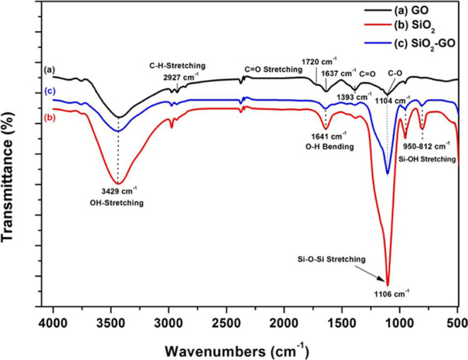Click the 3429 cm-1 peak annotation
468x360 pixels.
pyautogui.click(x=118, y=192)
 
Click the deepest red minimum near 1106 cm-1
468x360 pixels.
pyautogui.click(x=387, y=283)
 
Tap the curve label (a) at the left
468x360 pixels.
pyautogui.click(x=48, y=70)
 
